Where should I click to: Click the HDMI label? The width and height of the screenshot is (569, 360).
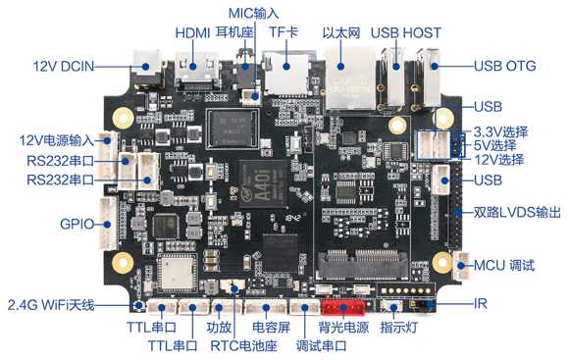tap(192, 33)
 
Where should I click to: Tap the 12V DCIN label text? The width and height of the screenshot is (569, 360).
tap(64, 67)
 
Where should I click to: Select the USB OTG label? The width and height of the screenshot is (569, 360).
tap(505, 66)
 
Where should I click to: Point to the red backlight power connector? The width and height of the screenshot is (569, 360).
tap(343, 308)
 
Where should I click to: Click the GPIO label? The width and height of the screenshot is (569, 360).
tap(77, 224)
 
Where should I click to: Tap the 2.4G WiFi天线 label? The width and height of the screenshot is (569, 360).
tap(51, 305)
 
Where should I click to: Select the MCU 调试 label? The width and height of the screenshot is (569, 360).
tap(504, 265)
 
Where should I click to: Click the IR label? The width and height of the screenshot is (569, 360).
tap(480, 304)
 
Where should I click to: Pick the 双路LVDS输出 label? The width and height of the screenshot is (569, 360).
tap(517, 212)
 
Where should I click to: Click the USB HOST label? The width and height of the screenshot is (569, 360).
tap(406, 33)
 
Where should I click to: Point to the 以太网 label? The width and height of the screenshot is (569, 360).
tap(341, 33)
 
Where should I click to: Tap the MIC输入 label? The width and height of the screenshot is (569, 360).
tap(254, 14)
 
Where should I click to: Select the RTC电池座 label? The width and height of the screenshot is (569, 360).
tap(243, 346)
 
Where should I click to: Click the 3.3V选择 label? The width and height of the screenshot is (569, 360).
tap(500, 132)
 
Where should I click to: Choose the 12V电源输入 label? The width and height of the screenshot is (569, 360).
tap(57, 140)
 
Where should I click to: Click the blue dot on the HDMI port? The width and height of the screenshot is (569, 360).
tap(192, 67)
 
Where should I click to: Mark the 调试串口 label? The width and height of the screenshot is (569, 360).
tap(321, 346)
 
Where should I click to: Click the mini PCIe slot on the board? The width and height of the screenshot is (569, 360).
tap(363, 264)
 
